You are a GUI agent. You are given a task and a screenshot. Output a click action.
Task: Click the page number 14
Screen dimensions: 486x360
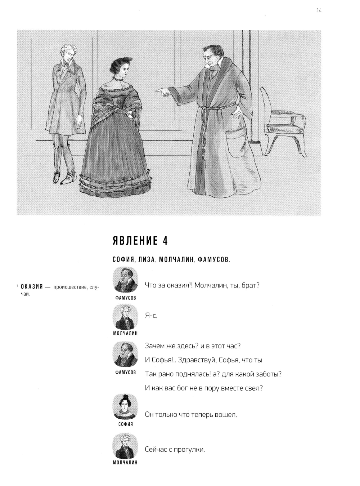pos(319,11)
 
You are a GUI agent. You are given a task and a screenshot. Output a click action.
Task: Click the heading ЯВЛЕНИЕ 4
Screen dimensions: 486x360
pos(140,241)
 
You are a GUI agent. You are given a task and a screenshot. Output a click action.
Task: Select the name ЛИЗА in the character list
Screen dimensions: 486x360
pos(146,260)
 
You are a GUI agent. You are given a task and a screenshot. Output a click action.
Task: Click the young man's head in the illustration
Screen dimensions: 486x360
pos(69,54)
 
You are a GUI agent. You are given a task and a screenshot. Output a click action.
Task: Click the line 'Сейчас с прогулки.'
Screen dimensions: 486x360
pos(175,450)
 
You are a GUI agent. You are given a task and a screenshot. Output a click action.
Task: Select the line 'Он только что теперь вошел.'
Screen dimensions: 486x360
pos(191,415)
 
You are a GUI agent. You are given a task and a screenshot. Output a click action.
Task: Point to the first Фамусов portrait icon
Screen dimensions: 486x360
pos(125,280)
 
